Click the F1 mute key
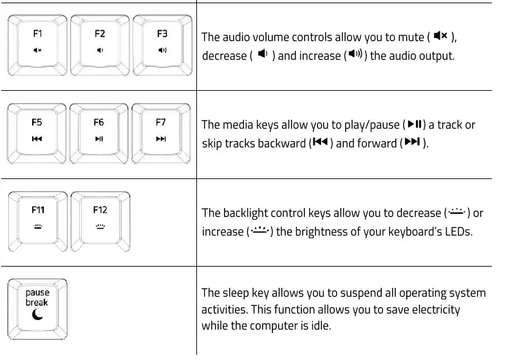click(x=37, y=42)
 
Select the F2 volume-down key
click(x=100, y=42)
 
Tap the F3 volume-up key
click(x=162, y=42)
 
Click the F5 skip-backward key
click(x=37, y=130)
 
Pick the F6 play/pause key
click(x=98, y=130)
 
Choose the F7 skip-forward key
click(x=161, y=130)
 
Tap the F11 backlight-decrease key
click(x=37, y=218)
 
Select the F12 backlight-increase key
click(x=100, y=218)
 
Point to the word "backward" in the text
click(x=281, y=144)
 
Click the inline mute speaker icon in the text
click(x=440, y=36)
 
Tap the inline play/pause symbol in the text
click(x=415, y=124)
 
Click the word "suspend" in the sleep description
click(x=355, y=294)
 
